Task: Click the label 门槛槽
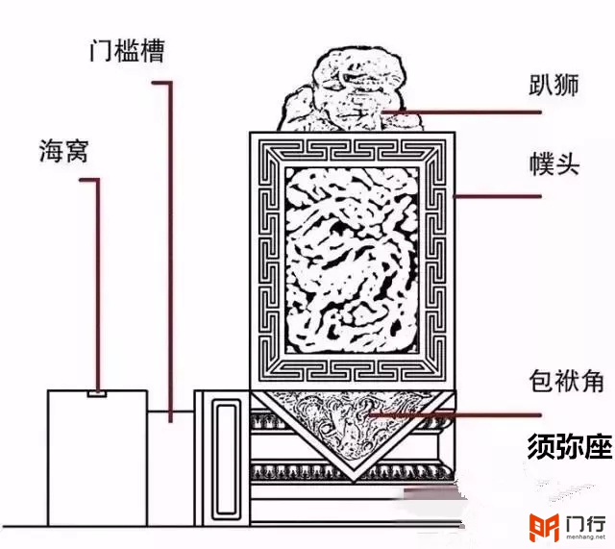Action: click(x=126, y=51)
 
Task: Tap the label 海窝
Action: click(x=63, y=151)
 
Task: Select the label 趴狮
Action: click(x=553, y=85)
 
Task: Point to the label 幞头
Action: click(x=554, y=164)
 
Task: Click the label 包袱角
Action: click(x=566, y=380)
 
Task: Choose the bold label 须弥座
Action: click(x=570, y=446)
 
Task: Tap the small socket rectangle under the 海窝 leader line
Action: click(x=96, y=393)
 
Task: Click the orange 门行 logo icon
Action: click(x=544, y=527)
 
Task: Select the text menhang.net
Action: click(x=585, y=537)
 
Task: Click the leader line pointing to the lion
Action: click(x=462, y=112)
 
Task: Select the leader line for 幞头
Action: click(x=498, y=196)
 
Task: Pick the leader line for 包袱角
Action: click(x=455, y=414)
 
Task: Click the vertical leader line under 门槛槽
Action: click(x=170, y=251)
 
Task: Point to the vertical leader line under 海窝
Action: click(x=98, y=285)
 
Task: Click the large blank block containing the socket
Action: click(x=98, y=458)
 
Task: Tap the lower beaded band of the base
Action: click(x=353, y=472)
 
